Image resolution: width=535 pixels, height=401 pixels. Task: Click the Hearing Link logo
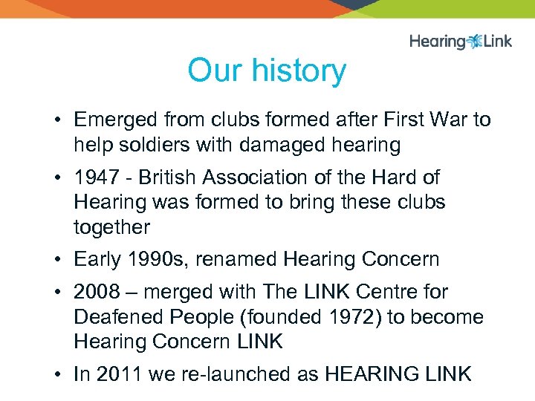click(x=461, y=41)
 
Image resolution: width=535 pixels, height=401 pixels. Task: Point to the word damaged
click(x=282, y=145)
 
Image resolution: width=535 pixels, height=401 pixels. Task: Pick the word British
click(x=168, y=177)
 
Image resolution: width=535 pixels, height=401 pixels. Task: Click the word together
click(x=111, y=227)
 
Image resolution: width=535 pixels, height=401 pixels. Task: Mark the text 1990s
click(x=158, y=259)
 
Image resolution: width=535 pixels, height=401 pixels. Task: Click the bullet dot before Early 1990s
click(x=57, y=260)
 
